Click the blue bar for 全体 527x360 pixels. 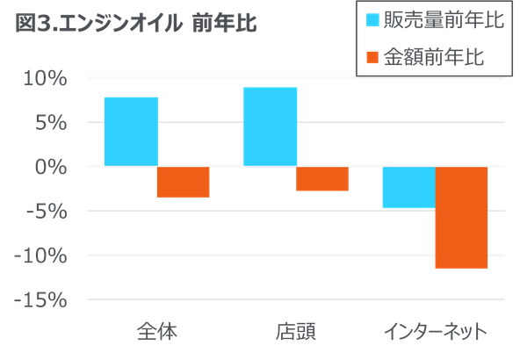(130, 130)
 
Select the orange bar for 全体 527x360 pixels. (183, 182)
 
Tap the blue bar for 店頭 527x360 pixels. (271, 126)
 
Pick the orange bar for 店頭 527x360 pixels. (322, 178)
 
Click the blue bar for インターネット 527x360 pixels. (408, 187)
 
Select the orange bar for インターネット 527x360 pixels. (461, 217)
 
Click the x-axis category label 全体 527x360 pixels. (157, 332)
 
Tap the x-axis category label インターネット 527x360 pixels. (436, 332)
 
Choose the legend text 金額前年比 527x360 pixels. (434, 57)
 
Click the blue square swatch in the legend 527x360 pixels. (372, 19)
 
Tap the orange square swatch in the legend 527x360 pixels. (372, 57)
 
